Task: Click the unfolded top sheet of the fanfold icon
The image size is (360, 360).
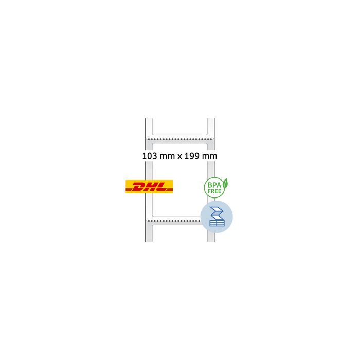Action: (x=217, y=211)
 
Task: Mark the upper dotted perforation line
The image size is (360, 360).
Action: (x=179, y=139)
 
